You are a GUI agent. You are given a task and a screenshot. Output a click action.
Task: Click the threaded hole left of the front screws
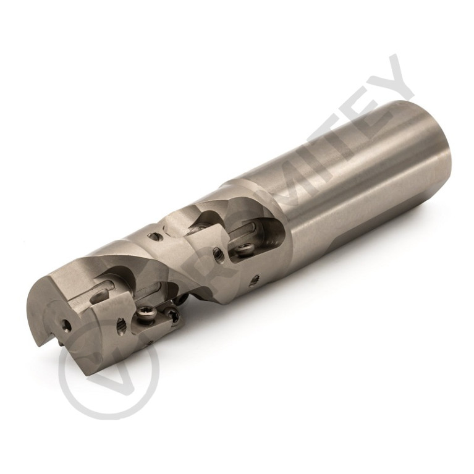[119, 323]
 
